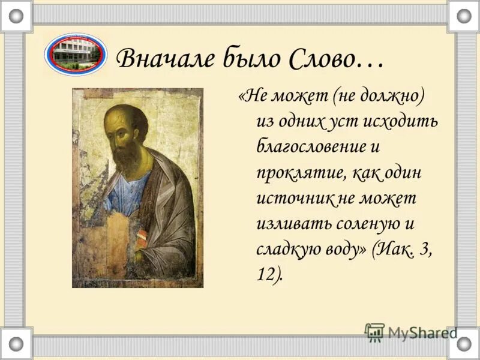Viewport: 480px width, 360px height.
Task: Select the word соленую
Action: pyautogui.click(x=360, y=224)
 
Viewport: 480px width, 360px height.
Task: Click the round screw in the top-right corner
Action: pyautogui.click(x=464, y=16)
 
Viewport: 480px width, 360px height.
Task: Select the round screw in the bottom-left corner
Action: pyautogui.click(x=16, y=344)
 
